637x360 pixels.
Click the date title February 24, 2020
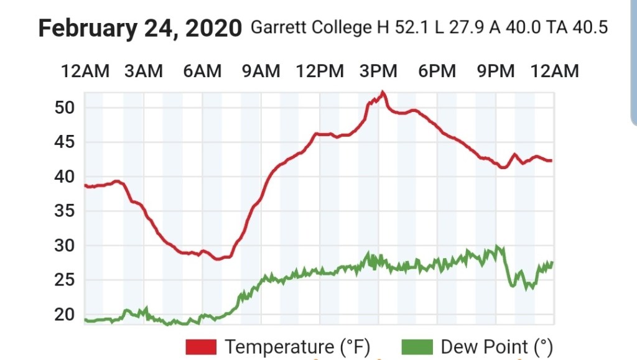click(x=140, y=29)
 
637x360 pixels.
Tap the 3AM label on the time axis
click(x=144, y=72)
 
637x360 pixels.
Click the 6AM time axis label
click(x=202, y=72)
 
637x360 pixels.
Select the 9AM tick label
click(x=261, y=72)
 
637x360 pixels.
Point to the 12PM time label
click(x=320, y=72)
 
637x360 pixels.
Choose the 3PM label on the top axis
click(x=379, y=72)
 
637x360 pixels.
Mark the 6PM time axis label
click(x=437, y=72)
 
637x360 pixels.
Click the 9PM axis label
click(x=496, y=72)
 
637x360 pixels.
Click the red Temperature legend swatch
click(x=201, y=346)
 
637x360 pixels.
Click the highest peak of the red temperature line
click(x=383, y=93)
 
